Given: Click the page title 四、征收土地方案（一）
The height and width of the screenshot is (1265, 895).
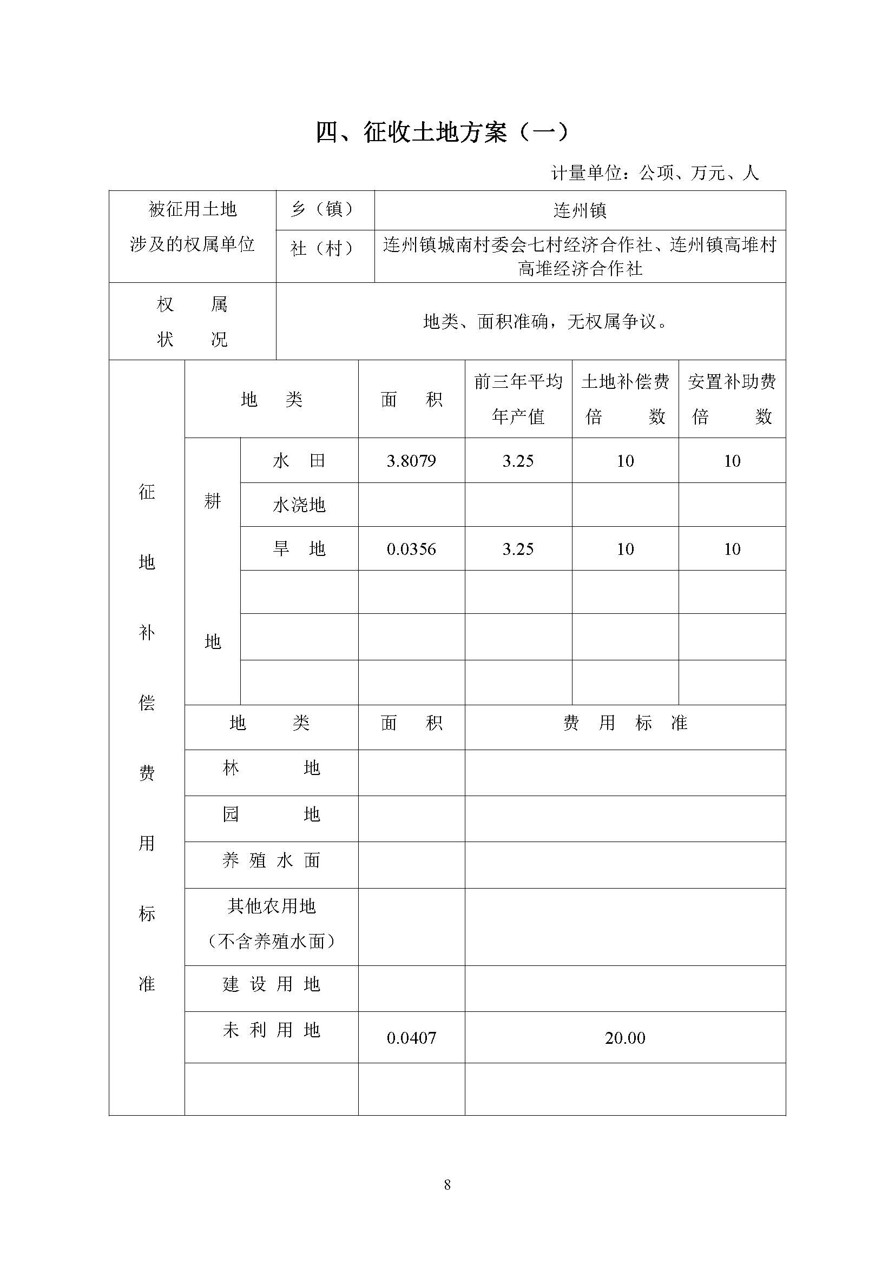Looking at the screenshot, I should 442,133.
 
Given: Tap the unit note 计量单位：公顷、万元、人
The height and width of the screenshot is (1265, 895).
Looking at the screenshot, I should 655,173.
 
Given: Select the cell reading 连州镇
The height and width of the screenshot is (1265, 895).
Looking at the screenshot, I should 580,210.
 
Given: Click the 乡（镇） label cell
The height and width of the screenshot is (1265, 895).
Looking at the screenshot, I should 325,210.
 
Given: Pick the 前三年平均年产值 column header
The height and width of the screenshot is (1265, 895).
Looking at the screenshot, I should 518,399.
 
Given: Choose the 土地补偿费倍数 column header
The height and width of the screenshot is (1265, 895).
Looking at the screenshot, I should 625,399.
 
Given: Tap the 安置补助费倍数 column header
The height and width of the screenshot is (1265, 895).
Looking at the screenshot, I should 732,399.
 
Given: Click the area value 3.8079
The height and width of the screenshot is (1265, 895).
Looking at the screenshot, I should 411,461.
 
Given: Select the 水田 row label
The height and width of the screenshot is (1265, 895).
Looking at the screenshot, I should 299,461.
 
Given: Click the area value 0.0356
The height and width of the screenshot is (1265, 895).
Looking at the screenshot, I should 411,549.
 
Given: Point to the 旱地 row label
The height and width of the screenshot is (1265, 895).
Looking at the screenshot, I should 299,549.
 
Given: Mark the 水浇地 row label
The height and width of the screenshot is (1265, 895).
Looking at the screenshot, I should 299,505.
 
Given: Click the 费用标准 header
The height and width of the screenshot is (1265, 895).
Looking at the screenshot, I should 625,723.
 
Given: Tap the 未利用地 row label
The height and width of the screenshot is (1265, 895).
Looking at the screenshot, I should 271,1030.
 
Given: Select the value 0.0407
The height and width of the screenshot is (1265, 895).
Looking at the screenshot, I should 411,1038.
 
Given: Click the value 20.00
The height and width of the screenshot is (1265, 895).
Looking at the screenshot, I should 625,1038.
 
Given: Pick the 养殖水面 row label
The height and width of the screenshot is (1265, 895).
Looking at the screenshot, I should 271,860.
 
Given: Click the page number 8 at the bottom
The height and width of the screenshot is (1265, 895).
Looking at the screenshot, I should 447,1185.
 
